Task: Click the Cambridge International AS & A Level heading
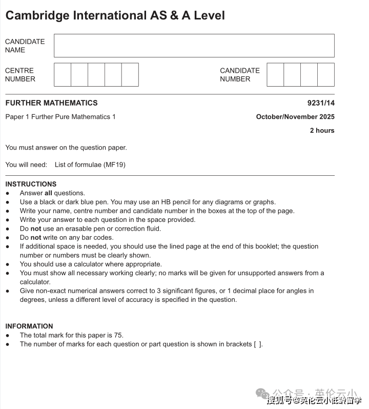coord(115,15)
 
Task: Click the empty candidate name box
coord(194,46)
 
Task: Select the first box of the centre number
coord(63,75)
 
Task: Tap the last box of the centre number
coord(130,75)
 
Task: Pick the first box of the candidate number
coord(275,75)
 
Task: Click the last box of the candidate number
coord(326,75)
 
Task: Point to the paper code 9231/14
coord(321,103)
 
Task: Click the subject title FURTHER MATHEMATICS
coord(51,103)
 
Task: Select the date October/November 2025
coord(295,117)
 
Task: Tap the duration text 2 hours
coord(322,131)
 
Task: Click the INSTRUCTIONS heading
coord(31,184)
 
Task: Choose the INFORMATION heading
coord(29,326)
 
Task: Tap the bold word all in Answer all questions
coord(48,193)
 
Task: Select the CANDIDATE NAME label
coord(25,46)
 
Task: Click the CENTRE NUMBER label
coord(20,75)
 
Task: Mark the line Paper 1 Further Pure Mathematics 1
coord(60,117)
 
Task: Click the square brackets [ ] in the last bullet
coord(258,344)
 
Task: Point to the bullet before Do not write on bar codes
coord(8,238)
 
